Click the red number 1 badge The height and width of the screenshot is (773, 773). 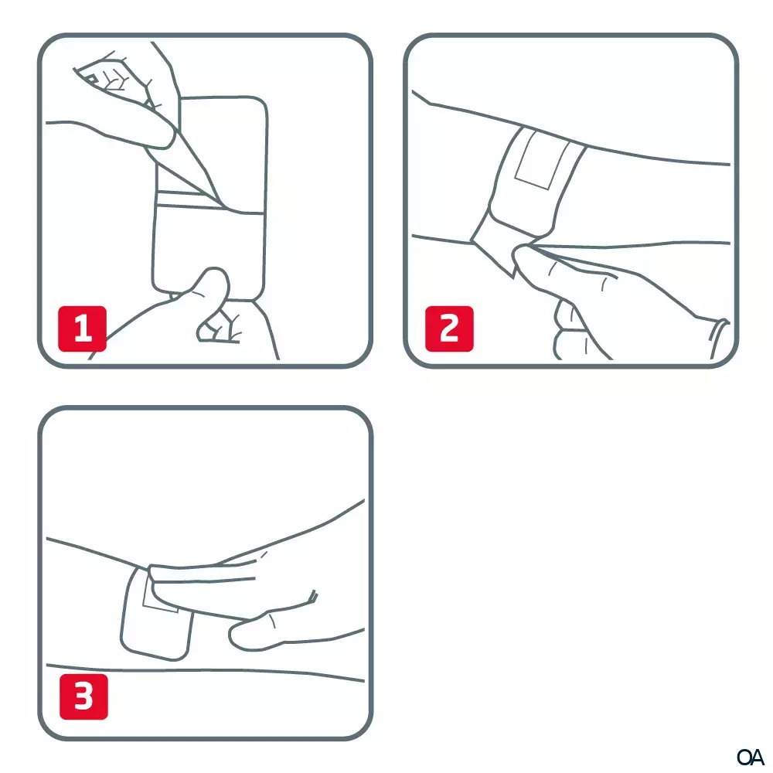tap(83, 329)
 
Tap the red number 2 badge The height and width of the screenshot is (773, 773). tap(449, 329)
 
